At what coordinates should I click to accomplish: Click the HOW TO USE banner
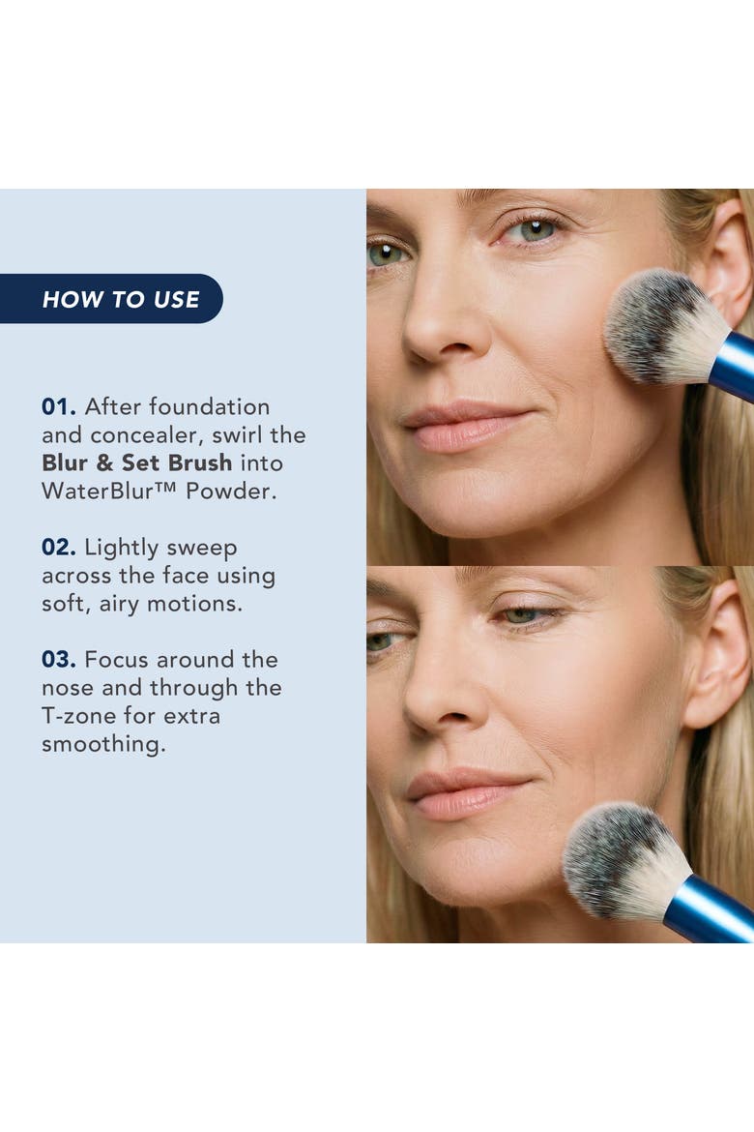(111, 299)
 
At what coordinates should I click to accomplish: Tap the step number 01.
(58, 407)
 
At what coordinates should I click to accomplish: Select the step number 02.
(58, 548)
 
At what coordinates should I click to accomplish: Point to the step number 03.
(58, 660)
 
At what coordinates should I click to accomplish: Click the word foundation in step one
(209, 406)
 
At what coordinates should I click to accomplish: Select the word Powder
(231, 491)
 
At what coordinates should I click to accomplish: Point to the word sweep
(201, 549)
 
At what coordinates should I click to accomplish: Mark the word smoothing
(103, 744)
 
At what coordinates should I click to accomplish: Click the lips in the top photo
(465, 428)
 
